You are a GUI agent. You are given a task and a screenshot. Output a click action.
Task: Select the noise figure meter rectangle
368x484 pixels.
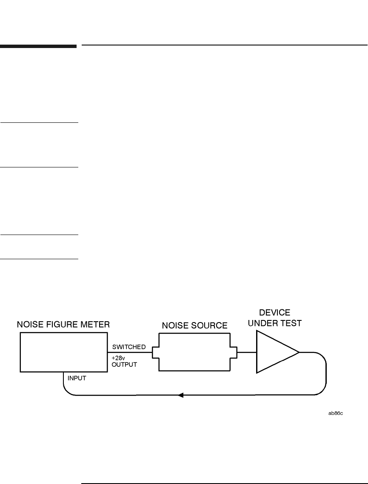(63, 352)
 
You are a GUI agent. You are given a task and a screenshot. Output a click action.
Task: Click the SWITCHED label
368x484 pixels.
(129, 347)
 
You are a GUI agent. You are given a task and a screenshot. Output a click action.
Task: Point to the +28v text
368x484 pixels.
(118, 358)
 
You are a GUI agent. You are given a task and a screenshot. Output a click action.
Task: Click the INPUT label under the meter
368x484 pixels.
(77, 378)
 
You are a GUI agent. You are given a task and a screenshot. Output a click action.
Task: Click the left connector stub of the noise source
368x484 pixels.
(155, 352)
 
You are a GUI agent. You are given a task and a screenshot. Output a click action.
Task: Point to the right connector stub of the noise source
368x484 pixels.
(234, 352)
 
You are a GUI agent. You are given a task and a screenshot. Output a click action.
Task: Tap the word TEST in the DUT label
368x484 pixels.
(291, 324)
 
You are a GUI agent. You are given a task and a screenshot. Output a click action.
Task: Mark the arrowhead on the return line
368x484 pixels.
(180, 396)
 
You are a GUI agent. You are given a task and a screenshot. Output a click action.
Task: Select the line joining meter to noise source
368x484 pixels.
(130, 352)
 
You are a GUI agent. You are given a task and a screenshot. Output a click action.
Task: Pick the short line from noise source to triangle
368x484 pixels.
(246, 352)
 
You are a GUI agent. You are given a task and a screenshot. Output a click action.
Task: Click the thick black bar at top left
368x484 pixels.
(38, 45)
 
